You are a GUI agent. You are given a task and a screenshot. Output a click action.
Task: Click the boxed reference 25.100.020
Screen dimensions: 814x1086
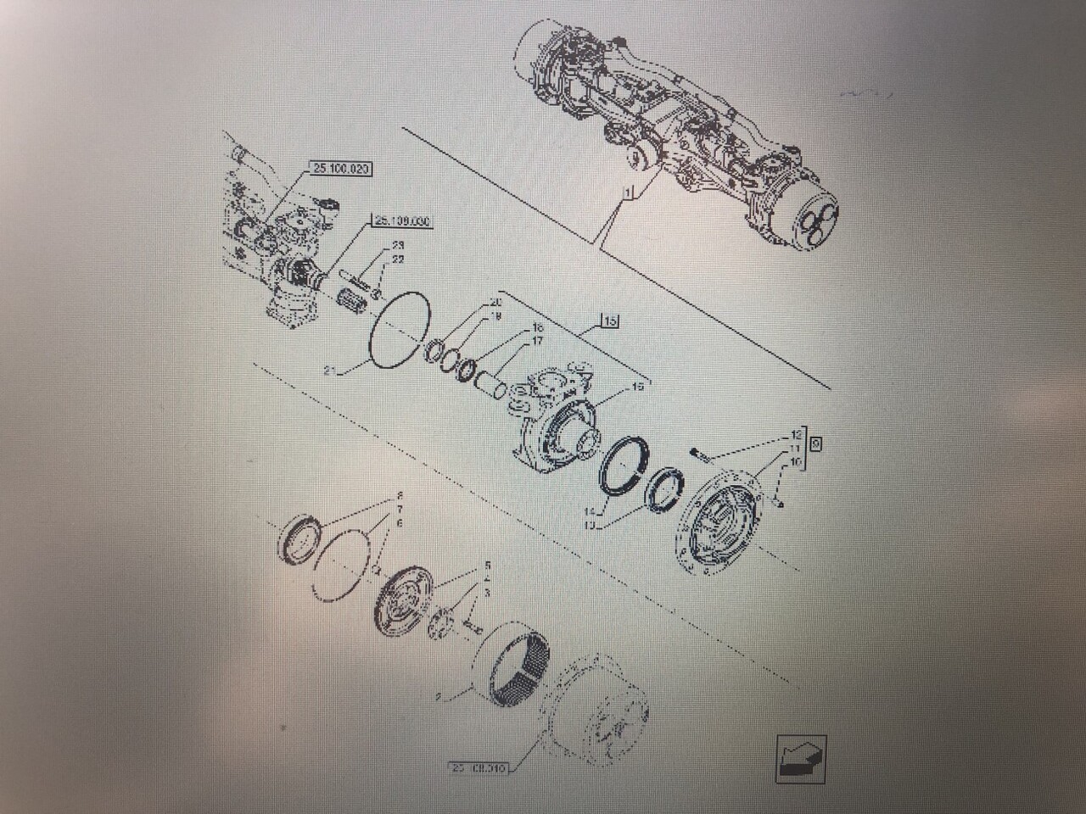click(339, 170)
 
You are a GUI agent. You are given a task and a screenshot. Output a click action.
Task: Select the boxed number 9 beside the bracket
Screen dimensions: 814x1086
click(816, 443)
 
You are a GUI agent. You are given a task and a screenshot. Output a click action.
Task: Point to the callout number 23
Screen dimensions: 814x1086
click(397, 246)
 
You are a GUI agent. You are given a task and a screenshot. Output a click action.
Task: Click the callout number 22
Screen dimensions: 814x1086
click(397, 259)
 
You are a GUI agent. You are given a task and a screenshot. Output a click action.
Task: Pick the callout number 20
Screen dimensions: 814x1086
click(496, 303)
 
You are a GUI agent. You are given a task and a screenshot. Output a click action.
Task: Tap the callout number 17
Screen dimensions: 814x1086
click(537, 342)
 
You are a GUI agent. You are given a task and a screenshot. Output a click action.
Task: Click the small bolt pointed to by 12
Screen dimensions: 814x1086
click(699, 455)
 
